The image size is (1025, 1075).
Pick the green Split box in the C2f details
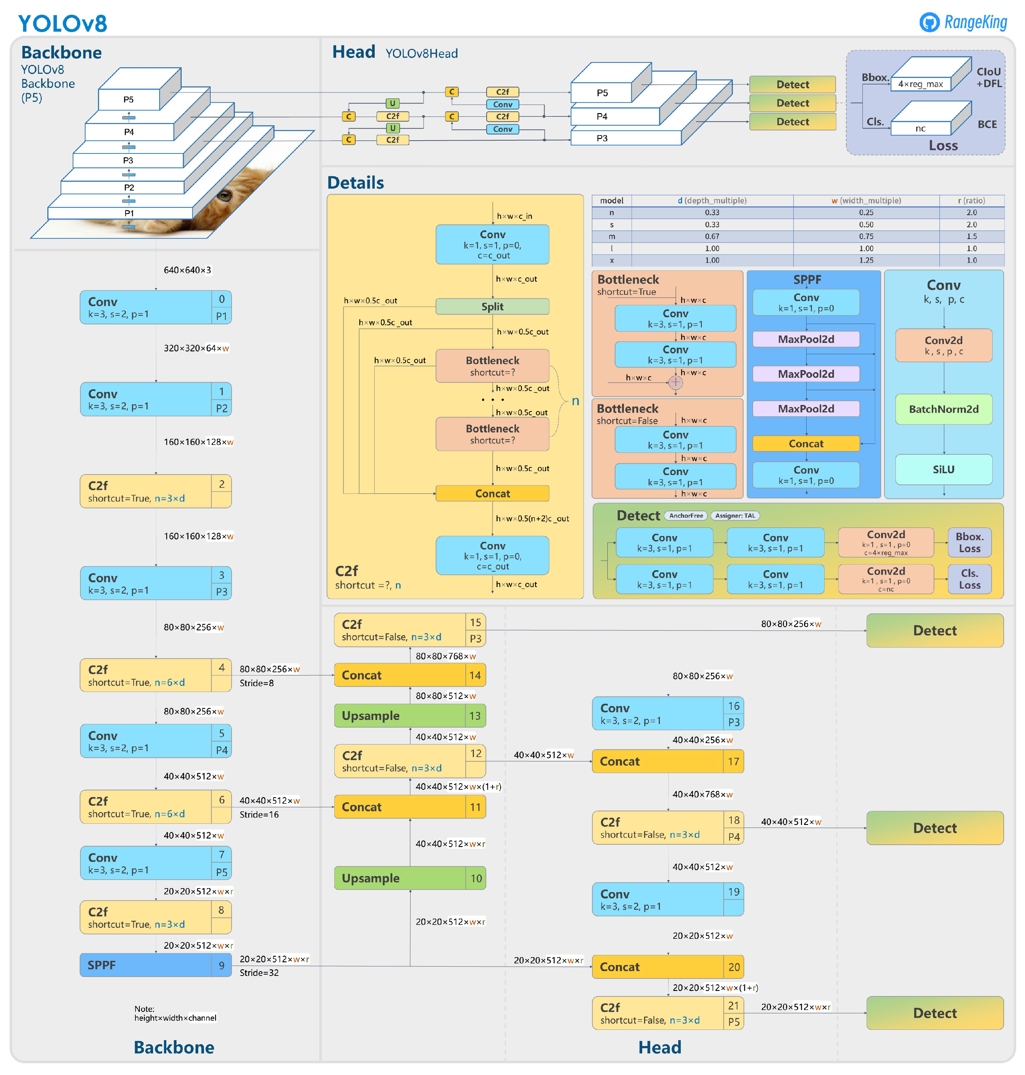point(492,307)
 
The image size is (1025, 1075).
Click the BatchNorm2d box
point(943,409)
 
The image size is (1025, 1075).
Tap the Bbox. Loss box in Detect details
point(969,542)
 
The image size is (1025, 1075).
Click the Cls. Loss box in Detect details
point(969,579)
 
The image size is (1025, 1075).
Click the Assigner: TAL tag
point(735,515)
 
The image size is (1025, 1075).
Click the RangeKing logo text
point(975,22)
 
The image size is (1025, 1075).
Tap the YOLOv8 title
point(63,23)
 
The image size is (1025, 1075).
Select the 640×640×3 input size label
point(187,270)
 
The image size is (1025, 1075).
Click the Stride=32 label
point(259,973)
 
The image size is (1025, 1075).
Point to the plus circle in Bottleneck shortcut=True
point(675,382)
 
